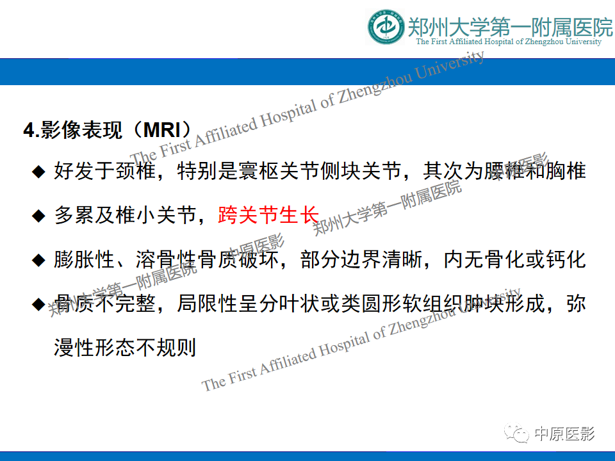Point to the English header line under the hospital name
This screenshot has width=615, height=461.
point(509,42)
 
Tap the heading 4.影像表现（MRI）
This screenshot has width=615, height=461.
point(108,130)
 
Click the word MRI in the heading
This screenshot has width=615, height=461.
point(163,130)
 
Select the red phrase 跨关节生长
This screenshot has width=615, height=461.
point(268,215)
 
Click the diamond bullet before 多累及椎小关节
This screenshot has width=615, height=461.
point(40,216)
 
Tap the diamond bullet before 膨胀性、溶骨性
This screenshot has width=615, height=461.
point(40,260)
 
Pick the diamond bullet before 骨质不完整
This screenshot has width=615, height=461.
point(40,303)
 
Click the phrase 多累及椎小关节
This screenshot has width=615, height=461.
point(124,216)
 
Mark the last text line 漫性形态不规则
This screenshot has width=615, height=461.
point(124,348)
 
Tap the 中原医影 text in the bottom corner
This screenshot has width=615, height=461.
point(564,434)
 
